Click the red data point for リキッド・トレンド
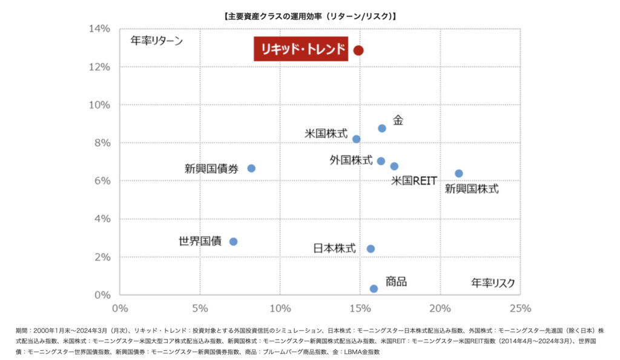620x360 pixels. click(358, 50)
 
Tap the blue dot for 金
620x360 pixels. click(382, 128)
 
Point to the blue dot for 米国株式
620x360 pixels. click(356, 139)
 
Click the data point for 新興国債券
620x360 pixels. click(251, 168)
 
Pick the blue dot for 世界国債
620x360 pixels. click(233, 241)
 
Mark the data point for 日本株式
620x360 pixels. click(371, 249)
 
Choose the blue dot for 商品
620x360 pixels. click(374, 289)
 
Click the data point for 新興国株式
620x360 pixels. click(459, 174)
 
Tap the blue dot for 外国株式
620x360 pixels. click(381, 161)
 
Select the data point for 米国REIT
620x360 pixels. click(394, 166)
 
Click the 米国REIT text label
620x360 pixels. click(414, 180)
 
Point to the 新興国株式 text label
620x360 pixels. click(472, 189)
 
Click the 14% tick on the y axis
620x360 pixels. click(100, 28)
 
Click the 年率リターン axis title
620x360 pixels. click(156, 41)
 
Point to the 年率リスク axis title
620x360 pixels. click(493, 283)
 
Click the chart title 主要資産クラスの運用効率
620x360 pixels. click(310, 16)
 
